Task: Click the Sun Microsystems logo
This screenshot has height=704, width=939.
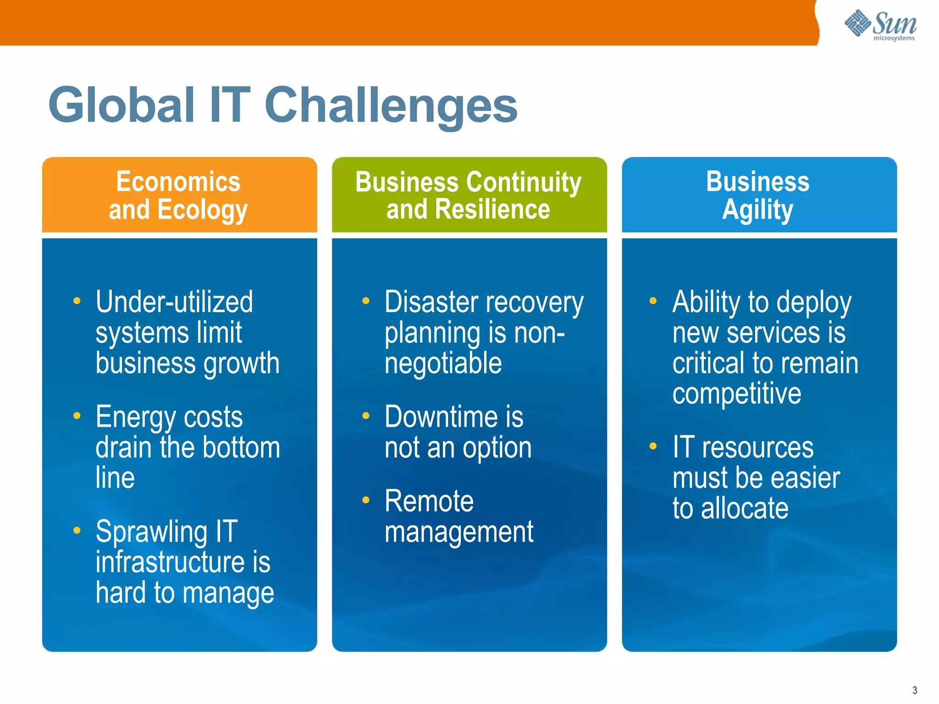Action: [x=880, y=25]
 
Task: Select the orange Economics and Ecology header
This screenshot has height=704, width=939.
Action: [x=179, y=195]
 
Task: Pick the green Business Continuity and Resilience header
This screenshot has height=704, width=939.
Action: [x=469, y=195]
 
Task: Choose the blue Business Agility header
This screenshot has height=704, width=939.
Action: [x=758, y=195]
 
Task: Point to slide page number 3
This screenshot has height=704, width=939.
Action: [x=914, y=690]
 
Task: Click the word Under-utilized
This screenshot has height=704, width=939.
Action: [x=174, y=302]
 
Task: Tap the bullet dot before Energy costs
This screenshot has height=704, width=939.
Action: [x=77, y=416]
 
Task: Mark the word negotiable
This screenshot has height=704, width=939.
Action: [x=443, y=363]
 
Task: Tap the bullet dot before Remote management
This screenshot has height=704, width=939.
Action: [x=365, y=500]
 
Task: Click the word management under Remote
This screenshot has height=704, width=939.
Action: [x=458, y=533]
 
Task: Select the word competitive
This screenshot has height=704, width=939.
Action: [x=736, y=394]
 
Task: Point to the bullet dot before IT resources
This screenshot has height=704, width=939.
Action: [x=653, y=446]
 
